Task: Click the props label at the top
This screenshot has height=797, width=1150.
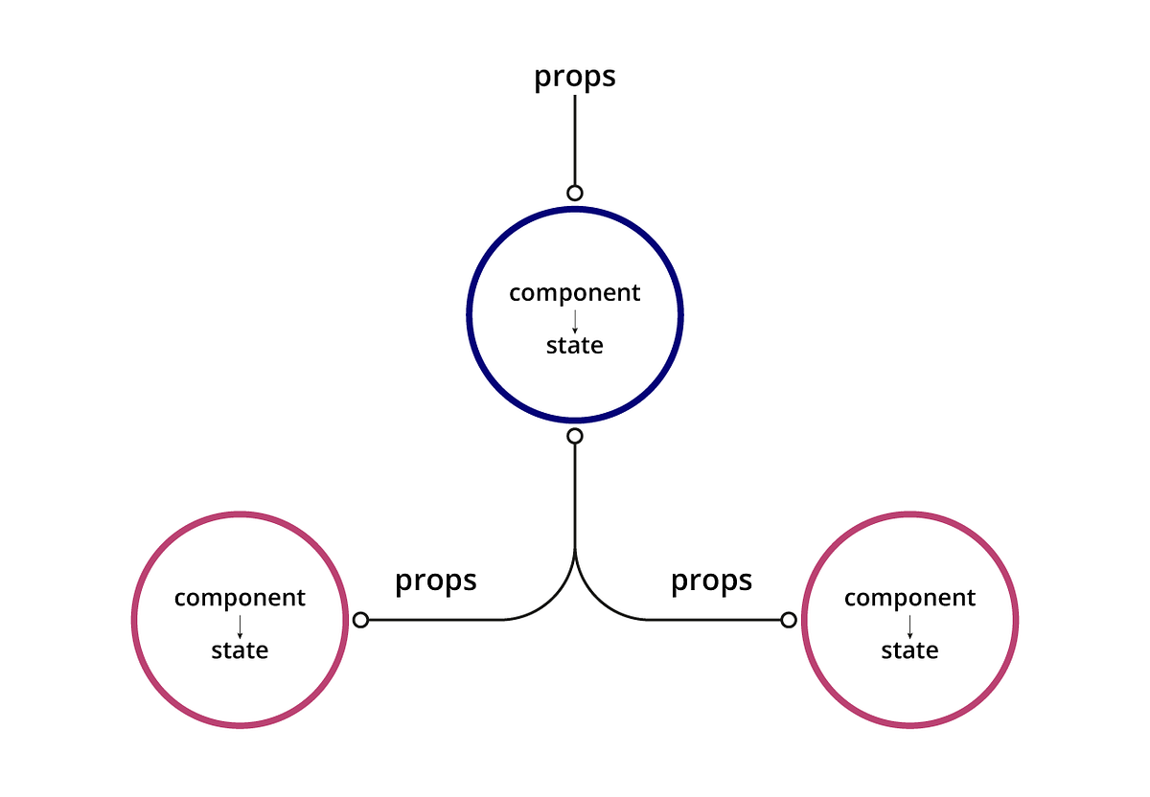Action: [575, 77]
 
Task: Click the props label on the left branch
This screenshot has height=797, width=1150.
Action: [436, 581]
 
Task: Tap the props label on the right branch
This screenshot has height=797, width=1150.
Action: [711, 581]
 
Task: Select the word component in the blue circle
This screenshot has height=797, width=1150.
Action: [575, 293]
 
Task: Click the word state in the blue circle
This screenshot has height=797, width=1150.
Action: [575, 345]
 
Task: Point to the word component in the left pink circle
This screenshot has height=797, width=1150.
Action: [240, 598]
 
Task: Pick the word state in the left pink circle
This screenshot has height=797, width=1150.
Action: [240, 650]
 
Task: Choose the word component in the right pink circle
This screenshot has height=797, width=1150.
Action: [909, 598]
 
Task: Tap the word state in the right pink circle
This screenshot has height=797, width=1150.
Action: [909, 650]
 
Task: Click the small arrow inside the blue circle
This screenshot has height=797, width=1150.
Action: [575, 320]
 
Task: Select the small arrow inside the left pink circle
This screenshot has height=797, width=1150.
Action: [240, 625]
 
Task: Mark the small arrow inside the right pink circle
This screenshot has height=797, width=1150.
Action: [909, 625]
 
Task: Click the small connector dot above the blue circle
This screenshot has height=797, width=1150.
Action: [575, 193]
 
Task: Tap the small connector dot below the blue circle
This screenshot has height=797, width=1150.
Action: [575, 436]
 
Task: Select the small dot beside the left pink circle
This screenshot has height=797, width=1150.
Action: [360, 620]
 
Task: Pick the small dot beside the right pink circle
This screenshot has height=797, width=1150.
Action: [788, 620]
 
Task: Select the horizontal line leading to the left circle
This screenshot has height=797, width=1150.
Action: [431, 620]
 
